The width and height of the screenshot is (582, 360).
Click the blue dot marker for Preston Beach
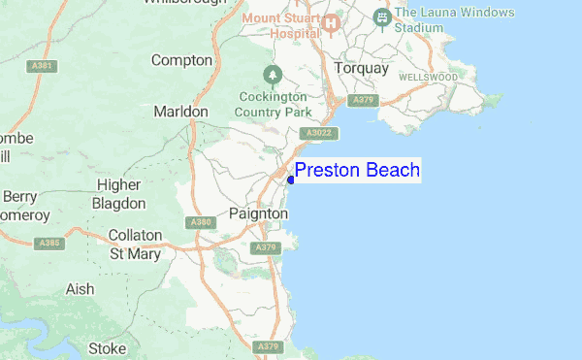[291, 180]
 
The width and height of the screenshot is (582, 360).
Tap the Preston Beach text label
[357, 171]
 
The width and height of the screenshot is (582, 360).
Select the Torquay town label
[360, 69]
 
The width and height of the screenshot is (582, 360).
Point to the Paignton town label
[259, 213]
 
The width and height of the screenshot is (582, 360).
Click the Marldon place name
[180, 112]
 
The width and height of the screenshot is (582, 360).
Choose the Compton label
[181, 60]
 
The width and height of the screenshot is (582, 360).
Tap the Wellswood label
[427, 76]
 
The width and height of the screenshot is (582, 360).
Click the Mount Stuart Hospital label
[280, 25]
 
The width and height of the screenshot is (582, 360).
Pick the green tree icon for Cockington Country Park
[274, 74]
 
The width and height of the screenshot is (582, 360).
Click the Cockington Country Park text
[273, 104]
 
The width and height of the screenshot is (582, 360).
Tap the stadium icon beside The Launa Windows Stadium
[382, 17]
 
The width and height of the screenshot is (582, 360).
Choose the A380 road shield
[202, 222]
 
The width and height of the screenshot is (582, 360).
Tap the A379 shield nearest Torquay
[363, 99]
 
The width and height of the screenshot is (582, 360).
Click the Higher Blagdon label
[118, 194]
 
